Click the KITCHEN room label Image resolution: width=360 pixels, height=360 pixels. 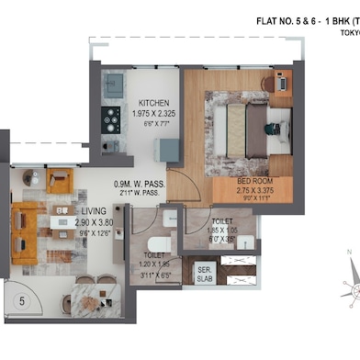click(152, 102)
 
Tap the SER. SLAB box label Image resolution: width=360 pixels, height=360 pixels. click(205, 273)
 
